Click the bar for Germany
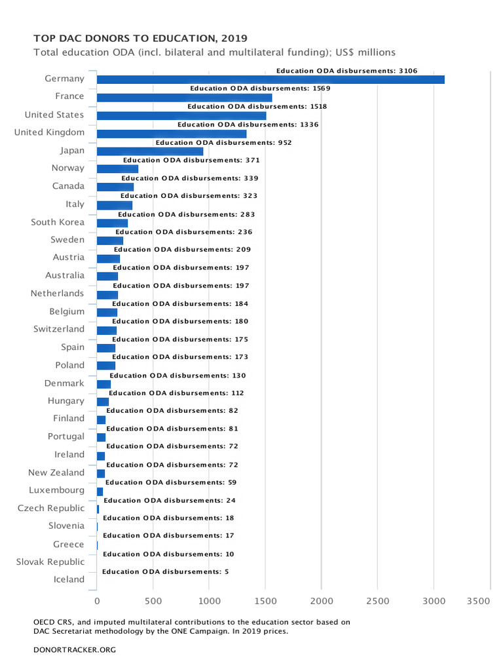[x=270, y=80]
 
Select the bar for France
[x=184, y=98]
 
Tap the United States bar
[x=181, y=116]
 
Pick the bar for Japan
[x=150, y=151]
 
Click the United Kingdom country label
[x=49, y=132]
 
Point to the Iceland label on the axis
[x=69, y=579]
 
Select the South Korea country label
[x=58, y=222]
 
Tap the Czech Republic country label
[x=51, y=508]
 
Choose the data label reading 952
[x=223, y=142]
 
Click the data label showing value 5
[x=165, y=571]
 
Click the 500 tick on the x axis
[x=153, y=600]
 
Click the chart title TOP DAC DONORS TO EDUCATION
[x=141, y=39]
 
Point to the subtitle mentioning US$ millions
[x=214, y=52]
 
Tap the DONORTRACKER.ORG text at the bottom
[x=74, y=649]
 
